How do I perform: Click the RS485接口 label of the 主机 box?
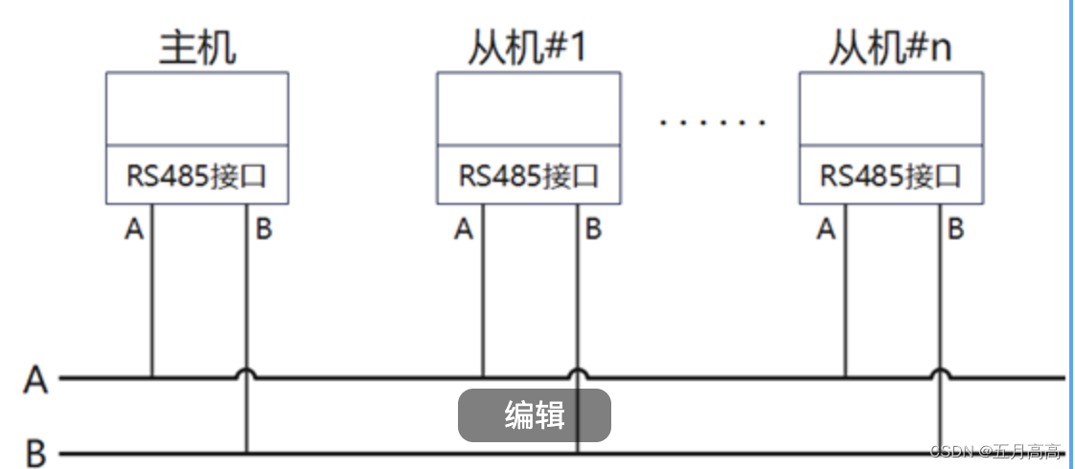pos(196,176)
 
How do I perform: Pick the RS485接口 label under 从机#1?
pos(528,176)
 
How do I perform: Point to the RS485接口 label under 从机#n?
pos(890,176)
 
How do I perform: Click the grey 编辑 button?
pos(534,415)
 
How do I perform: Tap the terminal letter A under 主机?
pos(134,230)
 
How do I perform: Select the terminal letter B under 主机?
pos(263,230)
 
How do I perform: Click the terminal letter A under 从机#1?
pos(465,230)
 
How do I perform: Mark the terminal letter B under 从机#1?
pos(594,230)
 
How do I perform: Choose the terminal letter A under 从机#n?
pos(826,230)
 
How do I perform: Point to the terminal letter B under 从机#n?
pos(955,230)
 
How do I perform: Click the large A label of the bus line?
pos(35,380)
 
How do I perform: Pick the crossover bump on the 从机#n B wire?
pos(940,373)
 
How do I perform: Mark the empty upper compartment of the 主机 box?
pos(196,108)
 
